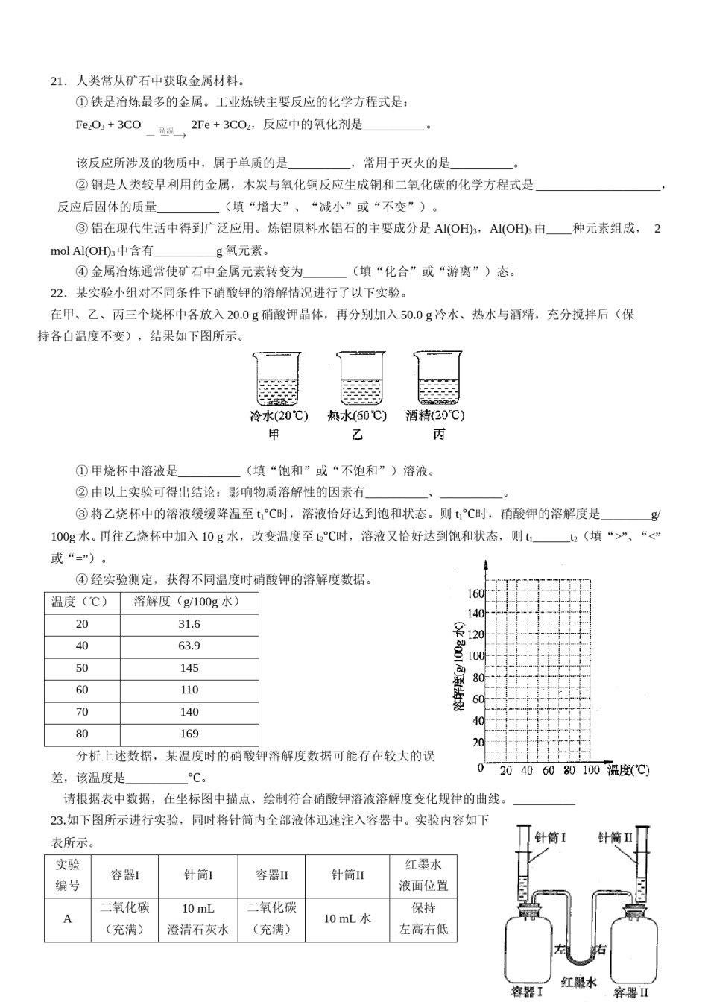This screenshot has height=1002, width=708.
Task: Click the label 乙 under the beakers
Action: click(x=358, y=435)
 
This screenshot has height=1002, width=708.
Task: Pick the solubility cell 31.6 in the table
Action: click(x=189, y=625)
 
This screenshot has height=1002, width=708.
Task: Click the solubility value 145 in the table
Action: click(x=189, y=668)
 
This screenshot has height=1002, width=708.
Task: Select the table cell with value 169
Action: click(x=189, y=734)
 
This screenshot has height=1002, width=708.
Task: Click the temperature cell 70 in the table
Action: click(x=82, y=712)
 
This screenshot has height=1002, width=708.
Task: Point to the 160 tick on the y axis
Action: click(x=475, y=593)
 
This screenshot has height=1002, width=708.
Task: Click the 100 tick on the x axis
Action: click(x=590, y=770)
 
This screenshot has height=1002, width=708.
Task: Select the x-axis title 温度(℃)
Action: click(x=628, y=771)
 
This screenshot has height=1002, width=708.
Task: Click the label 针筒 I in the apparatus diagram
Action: click(x=551, y=837)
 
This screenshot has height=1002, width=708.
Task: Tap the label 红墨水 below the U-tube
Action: click(x=578, y=983)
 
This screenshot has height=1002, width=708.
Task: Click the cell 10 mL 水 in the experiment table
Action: click(x=347, y=919)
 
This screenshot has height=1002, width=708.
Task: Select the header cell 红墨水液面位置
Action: click(x=423, y=875)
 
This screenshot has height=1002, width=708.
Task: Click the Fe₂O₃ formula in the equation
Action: click(x=89, y=125)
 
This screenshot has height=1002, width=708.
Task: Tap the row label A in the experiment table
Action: click(x=67, y=919)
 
